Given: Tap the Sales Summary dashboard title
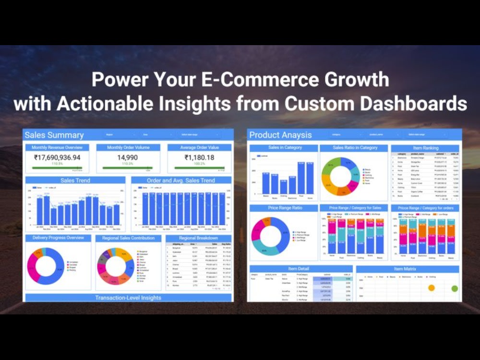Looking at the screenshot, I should [54, 135].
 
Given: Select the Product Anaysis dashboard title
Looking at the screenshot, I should [280, 135].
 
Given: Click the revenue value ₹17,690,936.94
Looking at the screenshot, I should [57, 157].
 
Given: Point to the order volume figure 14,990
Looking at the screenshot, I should [128, 157].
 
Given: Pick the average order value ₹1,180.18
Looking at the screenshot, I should [199, 157].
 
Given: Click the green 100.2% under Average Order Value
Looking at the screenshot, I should [199, 164].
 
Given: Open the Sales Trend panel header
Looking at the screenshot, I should [75, 180].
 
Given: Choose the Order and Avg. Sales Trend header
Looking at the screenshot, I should [181, 180].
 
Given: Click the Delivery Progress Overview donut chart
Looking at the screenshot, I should [45, 265].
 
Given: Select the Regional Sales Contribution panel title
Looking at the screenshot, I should [128, 238].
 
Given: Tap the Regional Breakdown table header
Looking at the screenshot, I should [199, 238].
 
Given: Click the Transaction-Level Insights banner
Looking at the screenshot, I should [128, 298].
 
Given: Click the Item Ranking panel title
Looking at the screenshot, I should [425, 148].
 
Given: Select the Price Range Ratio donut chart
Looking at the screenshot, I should [270, 236].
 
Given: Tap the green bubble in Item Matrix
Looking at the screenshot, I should [454, 288].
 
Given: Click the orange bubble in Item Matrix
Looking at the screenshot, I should [431, 288].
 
